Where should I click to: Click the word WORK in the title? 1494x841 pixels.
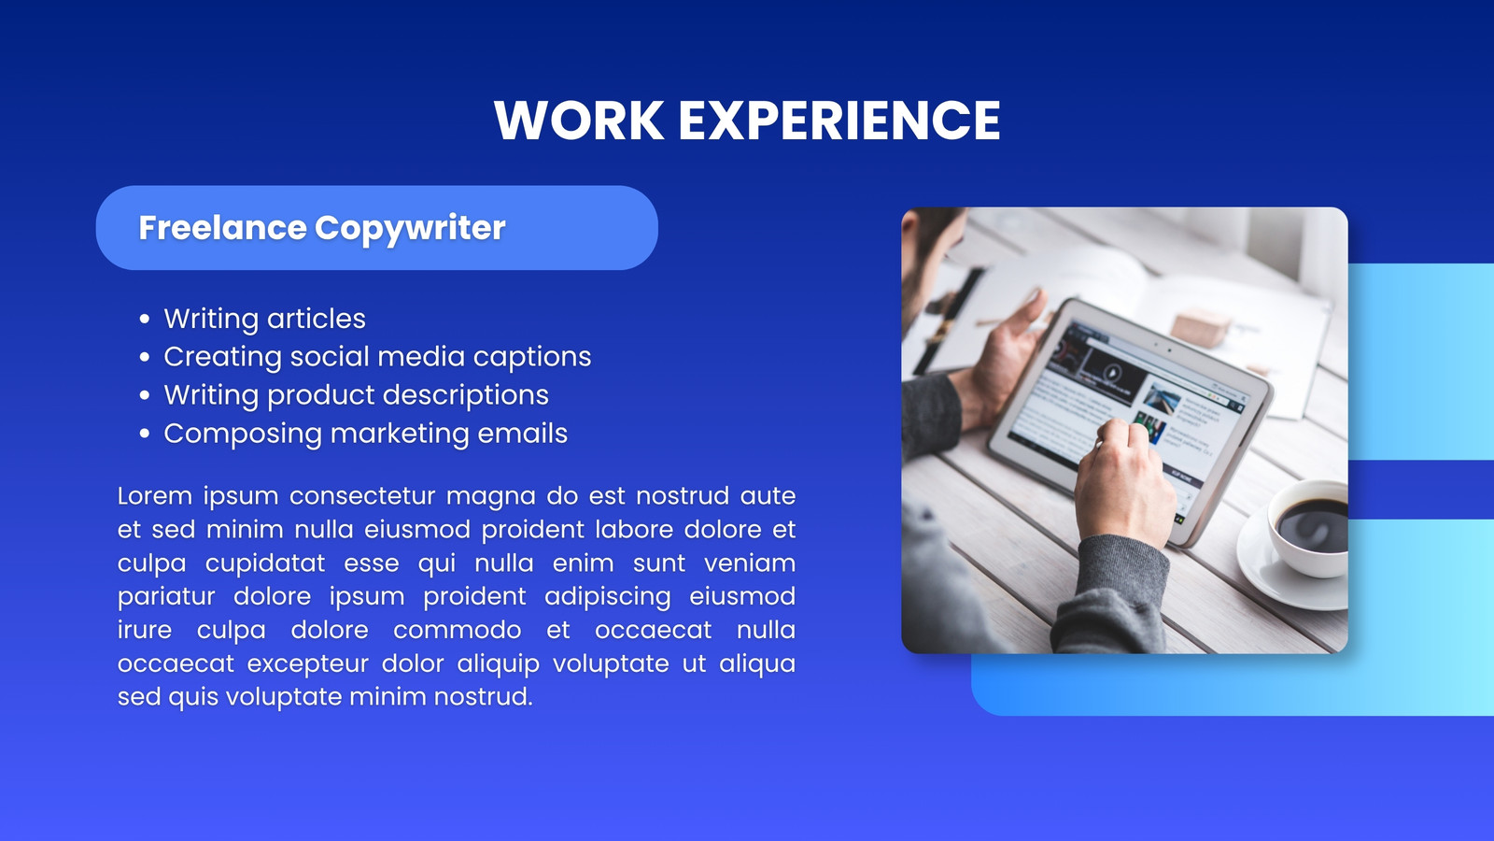coord(579,121)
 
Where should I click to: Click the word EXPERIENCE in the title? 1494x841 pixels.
coord(839,121)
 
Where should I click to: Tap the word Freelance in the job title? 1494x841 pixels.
coord(222,228)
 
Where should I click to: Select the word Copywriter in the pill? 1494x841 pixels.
coord(410,229)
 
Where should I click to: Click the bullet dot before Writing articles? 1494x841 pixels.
coord(145,319)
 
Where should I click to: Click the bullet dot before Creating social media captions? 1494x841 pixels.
coord(145,357)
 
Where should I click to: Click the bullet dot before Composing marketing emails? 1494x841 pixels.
coord(145,434)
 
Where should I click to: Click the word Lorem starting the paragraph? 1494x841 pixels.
coord(155,496)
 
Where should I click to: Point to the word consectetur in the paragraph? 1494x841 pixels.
coord(362,496)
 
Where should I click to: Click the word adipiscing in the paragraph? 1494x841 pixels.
coord(608,597)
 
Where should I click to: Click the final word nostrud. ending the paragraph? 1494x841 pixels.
coord(484,697)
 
